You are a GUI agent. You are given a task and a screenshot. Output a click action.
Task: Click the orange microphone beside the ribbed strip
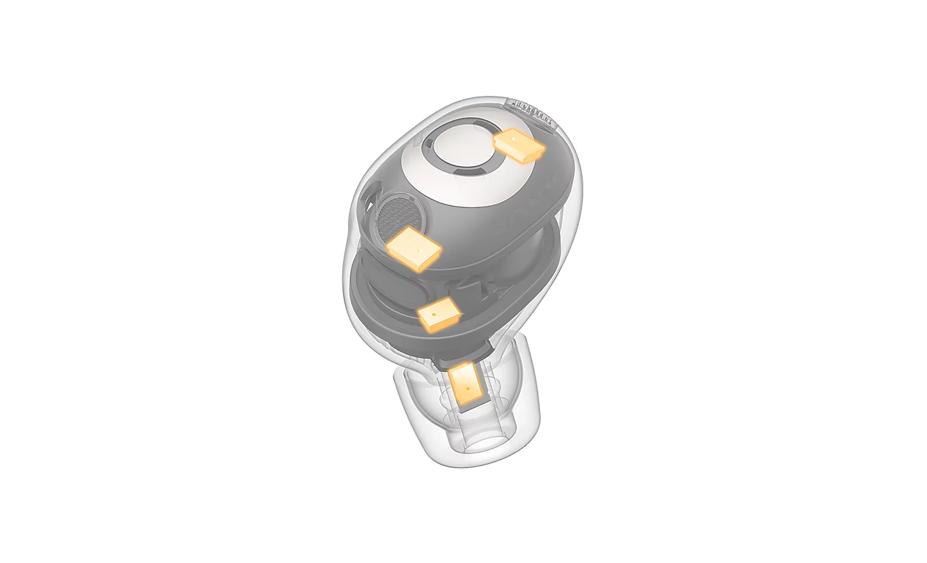click(x=519, y=145)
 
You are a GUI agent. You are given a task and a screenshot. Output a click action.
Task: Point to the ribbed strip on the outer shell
click(x=532, y=111)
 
